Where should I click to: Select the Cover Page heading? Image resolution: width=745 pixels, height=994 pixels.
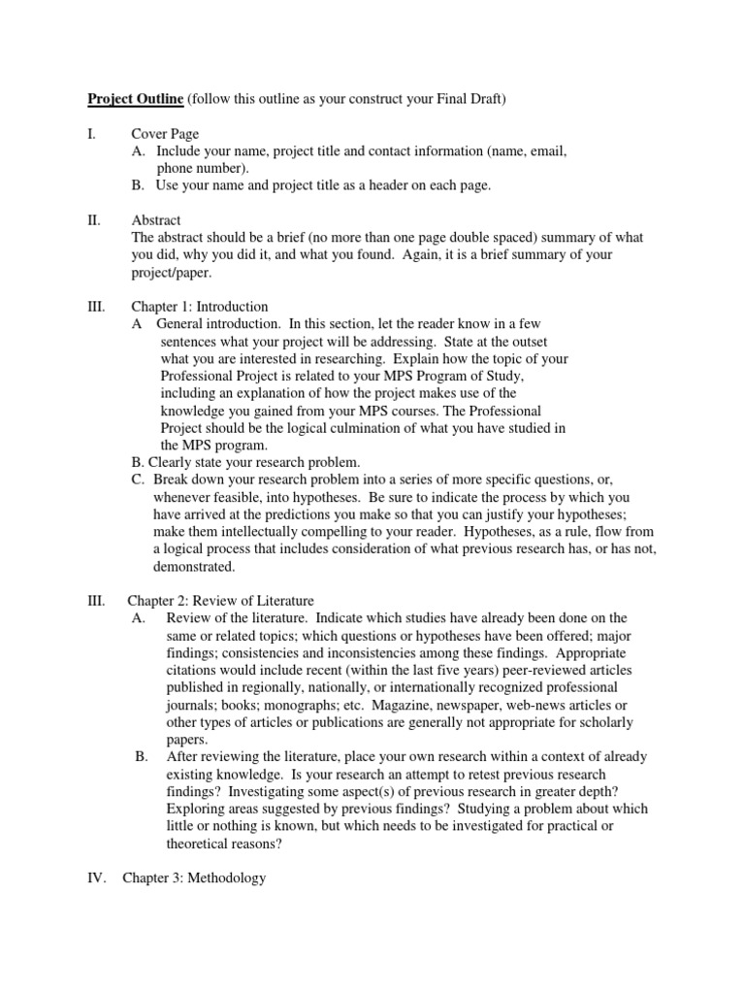click(x=165, y=134)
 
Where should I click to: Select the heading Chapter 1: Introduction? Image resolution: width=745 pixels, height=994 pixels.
click(x=200, y=307)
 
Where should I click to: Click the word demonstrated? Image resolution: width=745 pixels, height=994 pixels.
click(x=194, y=567)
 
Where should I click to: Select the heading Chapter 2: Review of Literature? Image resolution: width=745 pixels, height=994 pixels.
click(x=220, y=601)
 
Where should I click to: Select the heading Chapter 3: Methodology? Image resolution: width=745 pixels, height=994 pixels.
click(x=193, y=878)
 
